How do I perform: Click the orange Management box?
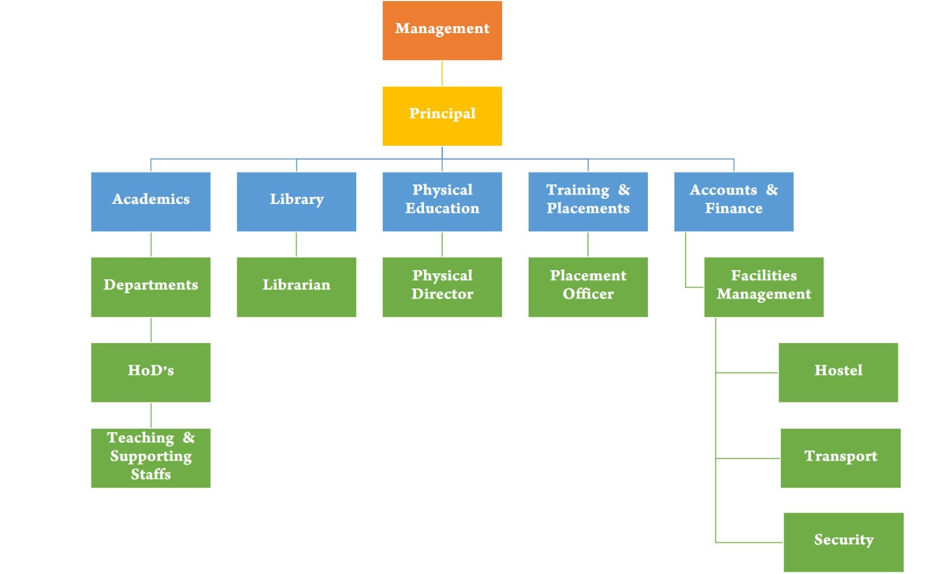(x=442, y=30)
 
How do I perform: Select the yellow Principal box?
(x=442, y=116)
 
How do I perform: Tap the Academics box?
(x=151, y=201)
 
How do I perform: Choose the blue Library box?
(x=296, y=201)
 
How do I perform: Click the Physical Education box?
(x=442, y=201)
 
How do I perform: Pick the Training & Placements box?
(x=588, y=201)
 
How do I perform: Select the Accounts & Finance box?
(x=734, y=201)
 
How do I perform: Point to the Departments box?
(x=151, y=287)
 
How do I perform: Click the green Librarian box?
(x=296, y=287)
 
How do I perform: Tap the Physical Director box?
(x=442, y=287)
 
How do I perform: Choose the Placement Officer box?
(x=588, y=287)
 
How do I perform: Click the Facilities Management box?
(x=764, y=287)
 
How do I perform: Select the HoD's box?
(x=151, y=372)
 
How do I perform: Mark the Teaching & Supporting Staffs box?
(x=151, y=458)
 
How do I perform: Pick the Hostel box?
(x=838, y=372)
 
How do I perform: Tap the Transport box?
(x=840, y=458)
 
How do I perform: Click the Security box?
(x=843, y=542)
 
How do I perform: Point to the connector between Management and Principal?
(x=442, y=73)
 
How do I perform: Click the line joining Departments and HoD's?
(x=151, y=330)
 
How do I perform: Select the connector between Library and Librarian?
(x=296, y=244)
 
